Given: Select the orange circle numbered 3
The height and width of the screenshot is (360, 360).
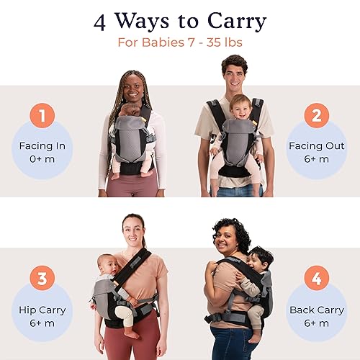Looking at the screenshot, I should (42, 279).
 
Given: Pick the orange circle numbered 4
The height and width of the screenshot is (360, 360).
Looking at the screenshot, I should (318, 279).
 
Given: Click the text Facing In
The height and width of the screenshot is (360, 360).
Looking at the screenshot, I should (42, 145).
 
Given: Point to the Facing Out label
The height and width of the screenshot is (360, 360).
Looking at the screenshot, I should (318, 145).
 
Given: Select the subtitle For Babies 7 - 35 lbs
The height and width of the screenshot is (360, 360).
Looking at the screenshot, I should (180, 42).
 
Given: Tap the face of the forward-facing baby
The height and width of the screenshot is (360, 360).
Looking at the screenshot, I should (239, 107).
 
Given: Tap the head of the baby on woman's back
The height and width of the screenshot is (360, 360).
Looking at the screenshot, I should (261, 258).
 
